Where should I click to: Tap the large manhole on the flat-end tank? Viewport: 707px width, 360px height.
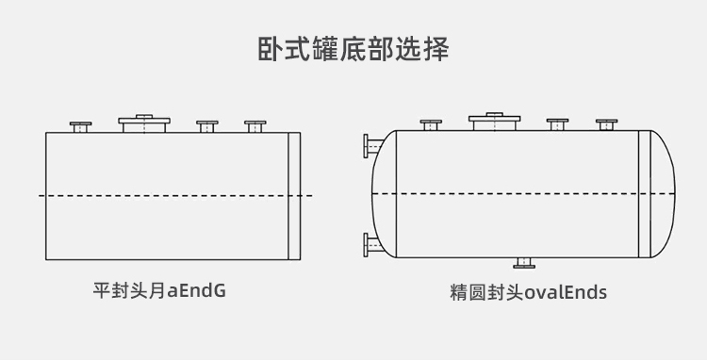coord(142,123)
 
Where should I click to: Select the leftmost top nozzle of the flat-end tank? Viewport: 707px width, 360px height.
coord(80,126)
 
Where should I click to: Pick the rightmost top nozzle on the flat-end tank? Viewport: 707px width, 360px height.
coord(255,125)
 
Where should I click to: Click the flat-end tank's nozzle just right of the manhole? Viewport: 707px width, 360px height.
coord(206,125)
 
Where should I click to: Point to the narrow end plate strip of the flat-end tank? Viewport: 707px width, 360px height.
coord(294,195)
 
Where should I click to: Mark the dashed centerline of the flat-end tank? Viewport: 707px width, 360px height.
coord(170,195)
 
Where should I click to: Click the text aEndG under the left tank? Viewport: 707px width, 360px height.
coord(196,290)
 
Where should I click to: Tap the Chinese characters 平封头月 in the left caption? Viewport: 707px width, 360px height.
coord(128,290)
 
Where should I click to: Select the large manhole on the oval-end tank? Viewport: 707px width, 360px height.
coord(494,121)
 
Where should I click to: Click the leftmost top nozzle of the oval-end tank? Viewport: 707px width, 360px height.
coord(431,124)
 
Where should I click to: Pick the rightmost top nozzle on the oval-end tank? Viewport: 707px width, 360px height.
coord(606,123)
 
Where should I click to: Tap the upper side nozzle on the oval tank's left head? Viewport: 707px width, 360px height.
coord(370,146)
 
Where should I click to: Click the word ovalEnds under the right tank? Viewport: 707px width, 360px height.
coord(566,292)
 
